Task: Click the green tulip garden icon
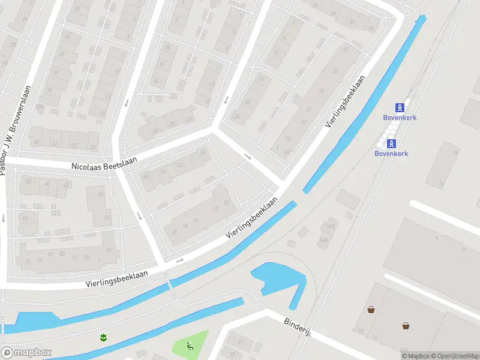[103, 337]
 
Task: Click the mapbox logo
[26, 352]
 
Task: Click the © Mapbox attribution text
[415, 356]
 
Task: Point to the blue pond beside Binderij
[279, 279]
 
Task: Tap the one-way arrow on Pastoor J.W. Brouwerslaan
[3, 218]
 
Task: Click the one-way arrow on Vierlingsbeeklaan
[179, 261]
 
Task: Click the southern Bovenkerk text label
[391, 153]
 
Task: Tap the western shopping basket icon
[371, 310]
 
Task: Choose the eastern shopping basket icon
[406, 325]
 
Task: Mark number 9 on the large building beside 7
[437, 238]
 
